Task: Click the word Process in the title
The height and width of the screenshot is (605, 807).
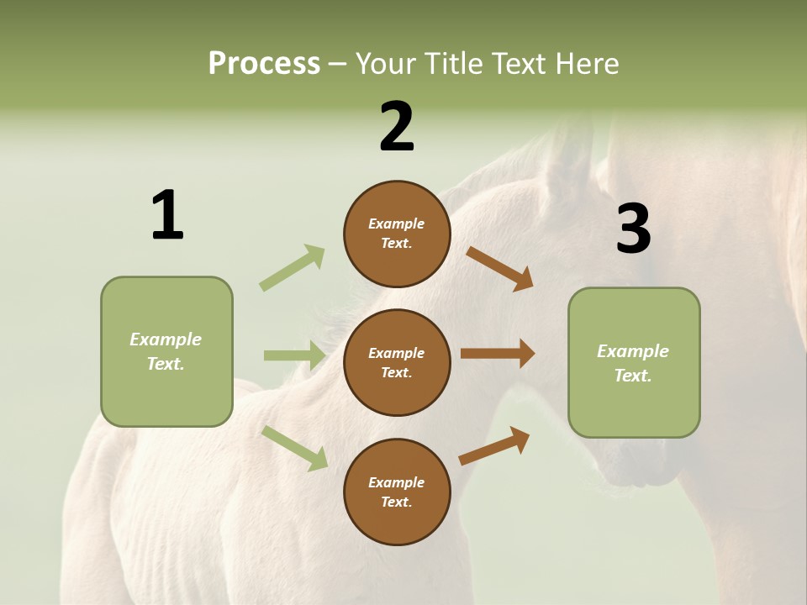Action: click(x=264, y=64)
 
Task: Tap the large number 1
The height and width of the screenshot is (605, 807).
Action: click(x=167, y=216)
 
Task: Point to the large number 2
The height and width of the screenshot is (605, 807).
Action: click(x=397, y=128)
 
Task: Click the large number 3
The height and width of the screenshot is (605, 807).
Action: click(x=633, y=229)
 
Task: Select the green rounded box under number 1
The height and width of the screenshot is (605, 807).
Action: click(x=166, y=351)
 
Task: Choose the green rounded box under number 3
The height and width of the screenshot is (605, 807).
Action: click(x=634, y=363)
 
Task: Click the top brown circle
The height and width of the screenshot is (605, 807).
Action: click(x=397, y=234)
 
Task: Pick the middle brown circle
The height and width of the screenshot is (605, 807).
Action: click(x=397, y=362)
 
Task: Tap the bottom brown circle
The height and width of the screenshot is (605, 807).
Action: click(x=397, y=492)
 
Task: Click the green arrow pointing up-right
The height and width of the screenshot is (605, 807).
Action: click(x=293, y=267)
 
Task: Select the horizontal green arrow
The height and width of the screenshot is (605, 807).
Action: click(x=294, y=355)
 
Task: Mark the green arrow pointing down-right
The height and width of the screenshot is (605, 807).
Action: click(x=294, y=447)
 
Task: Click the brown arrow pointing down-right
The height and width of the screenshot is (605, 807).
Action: click(x=499, y=268)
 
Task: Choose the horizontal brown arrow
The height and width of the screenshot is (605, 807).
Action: click(x=498, y=354)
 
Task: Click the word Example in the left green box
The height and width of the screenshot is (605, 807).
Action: click(x=166, y=339)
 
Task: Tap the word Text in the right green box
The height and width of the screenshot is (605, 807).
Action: click(x=631, y=376)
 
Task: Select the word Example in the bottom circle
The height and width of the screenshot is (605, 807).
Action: click(x=396, y=482)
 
